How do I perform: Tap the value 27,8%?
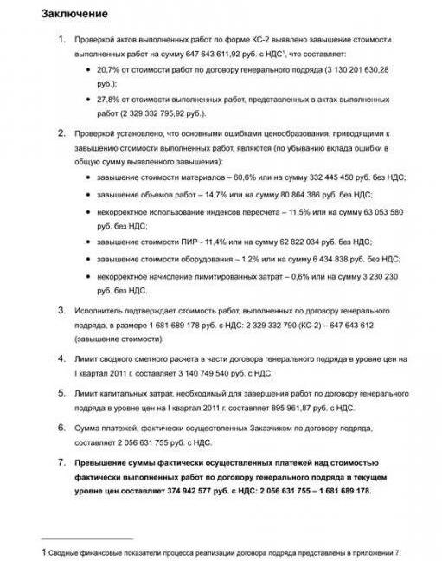(x=110, y=99)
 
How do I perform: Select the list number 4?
(x=61, y=358)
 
